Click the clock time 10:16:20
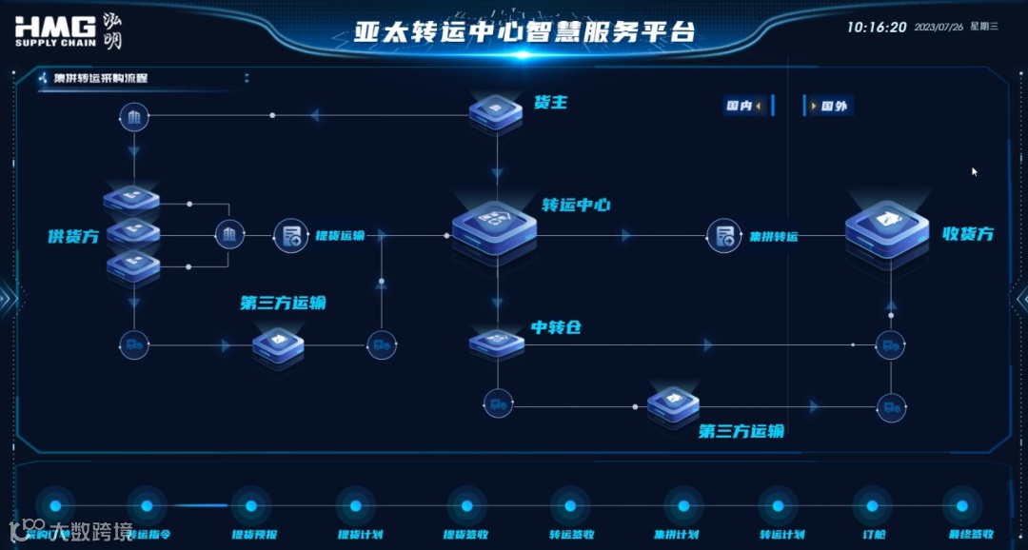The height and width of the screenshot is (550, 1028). [x=877, y=28]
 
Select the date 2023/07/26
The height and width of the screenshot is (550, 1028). [x=937, y=28]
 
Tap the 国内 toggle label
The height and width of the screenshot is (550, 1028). [x=740, y=107]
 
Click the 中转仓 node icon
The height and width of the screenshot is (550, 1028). [x=496, y=343]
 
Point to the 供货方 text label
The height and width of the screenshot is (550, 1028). [x=73, y=236]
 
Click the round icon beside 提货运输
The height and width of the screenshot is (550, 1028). [x=290, y=235]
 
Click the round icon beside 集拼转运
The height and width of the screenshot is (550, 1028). [x=723, y=235]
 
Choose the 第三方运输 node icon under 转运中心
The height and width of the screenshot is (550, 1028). [x=673, y=404]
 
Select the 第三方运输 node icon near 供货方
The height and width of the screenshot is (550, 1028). [x=278, y=346]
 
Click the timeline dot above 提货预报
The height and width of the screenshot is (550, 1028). [x=251, y=506]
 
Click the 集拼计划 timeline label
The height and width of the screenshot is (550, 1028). [x=677, y=535]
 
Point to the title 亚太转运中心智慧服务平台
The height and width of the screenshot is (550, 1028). [x=524, y=32]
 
